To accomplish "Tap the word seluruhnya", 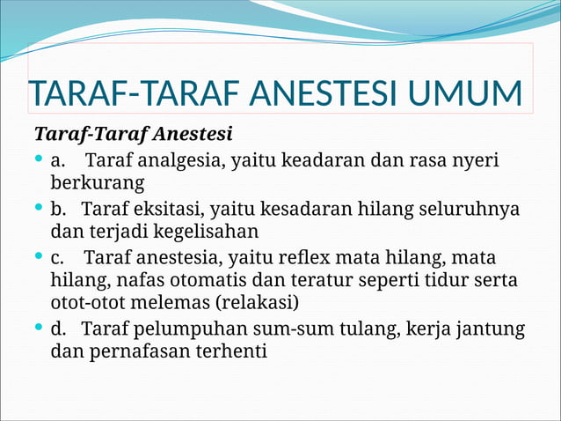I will click(x=480, y=210).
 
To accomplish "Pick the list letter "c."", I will click(x=58, y=258).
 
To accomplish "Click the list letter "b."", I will click(x=59, y=210).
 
